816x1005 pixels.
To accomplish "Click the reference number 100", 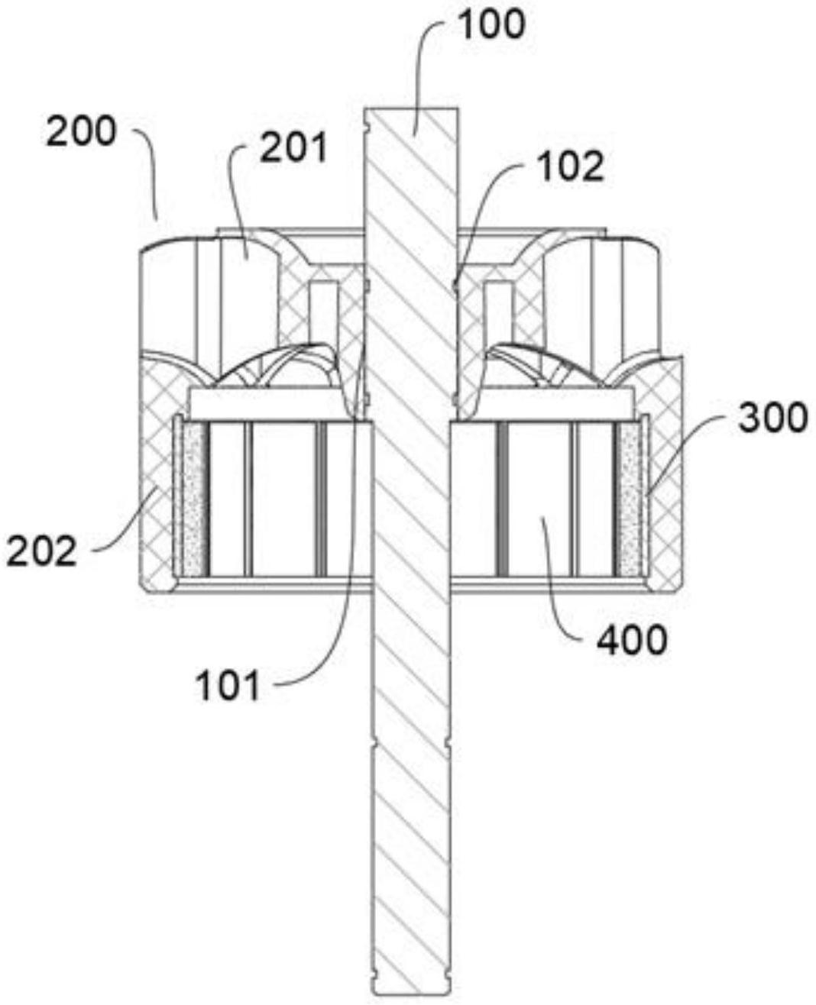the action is (x=491, y=24).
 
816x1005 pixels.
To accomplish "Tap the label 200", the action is (x=81, y=132).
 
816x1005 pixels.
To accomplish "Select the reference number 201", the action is (x=293, y=147).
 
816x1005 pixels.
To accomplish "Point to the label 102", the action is (x=570, y=166).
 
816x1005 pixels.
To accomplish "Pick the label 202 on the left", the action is (x=42, y=551).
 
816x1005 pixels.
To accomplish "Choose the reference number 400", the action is (x=632, y=640).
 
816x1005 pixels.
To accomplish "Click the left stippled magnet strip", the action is (x=193, y=500).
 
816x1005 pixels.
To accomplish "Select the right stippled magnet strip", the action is (x=630, y=500).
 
